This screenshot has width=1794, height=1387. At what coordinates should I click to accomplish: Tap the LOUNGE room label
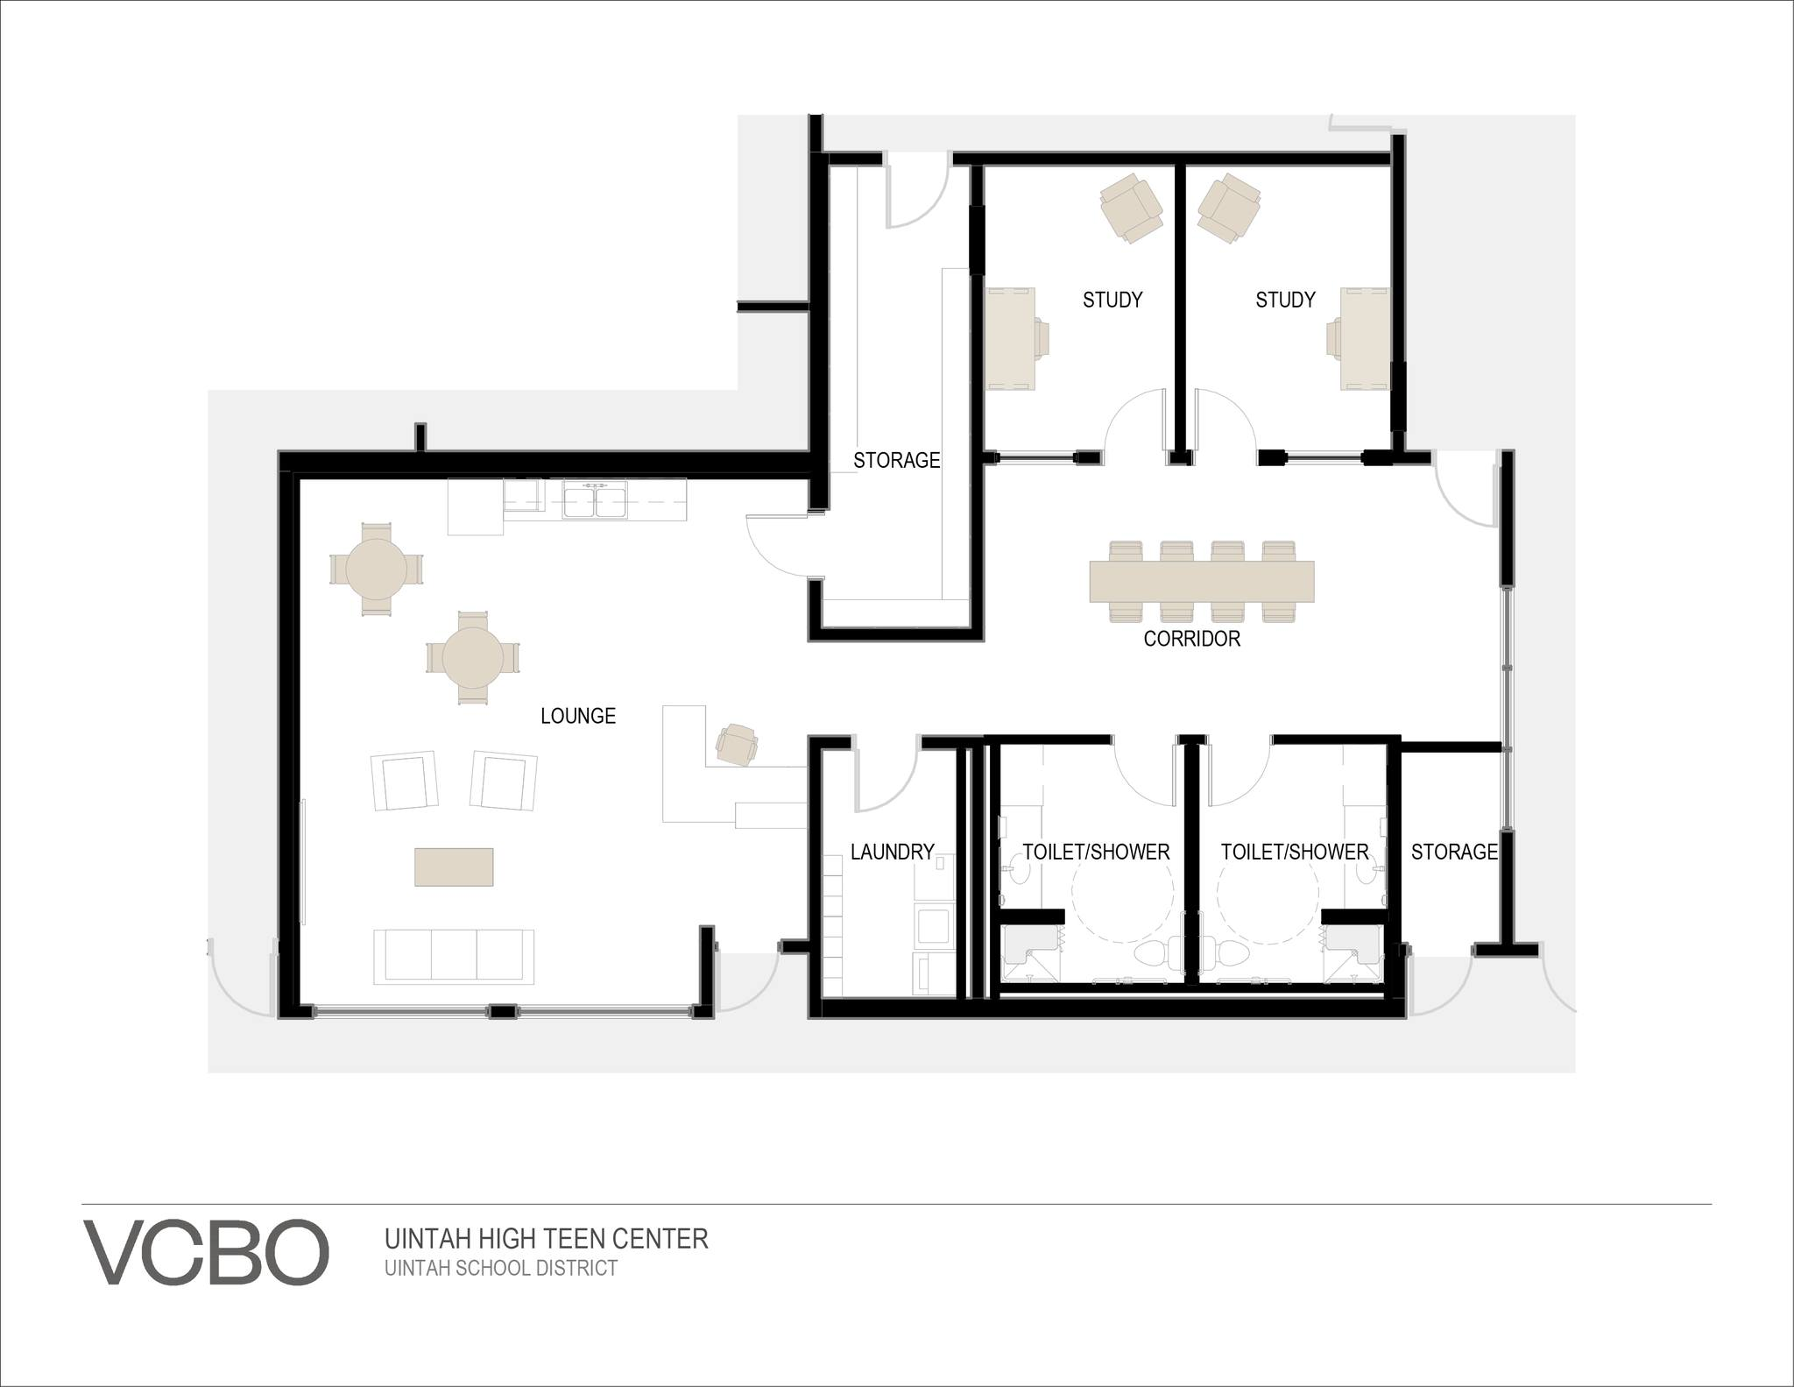pyautogui.click(x=578, y=716)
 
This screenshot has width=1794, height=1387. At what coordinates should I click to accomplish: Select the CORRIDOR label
pyautogui.click(x=1192, y=639)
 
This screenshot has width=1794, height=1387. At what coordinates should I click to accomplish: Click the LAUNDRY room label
pyautogui.click(x=893, y=852)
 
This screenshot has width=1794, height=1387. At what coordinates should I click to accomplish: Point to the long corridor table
pyautogui.click(x=1202, y=582)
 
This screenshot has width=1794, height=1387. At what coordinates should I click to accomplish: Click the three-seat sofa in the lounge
pyautogui.click(x=454, y=956)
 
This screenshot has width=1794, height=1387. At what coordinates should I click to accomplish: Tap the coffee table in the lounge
pyautogui.click(x=454, y=867)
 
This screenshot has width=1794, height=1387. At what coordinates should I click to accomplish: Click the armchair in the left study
pyautogui.click(x=1131, y=208)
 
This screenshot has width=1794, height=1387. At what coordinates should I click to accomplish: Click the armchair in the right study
pyautogui.click(x=1230, y=208)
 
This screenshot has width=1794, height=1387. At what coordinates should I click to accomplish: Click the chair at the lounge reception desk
pyautogui.click(x=738, y=745)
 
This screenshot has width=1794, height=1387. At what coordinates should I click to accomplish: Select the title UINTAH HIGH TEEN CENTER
pyautogui.click(x=547, y=1239)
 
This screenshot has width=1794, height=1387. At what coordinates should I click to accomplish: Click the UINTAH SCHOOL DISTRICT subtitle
pyautogui.click(x=501, y=1268)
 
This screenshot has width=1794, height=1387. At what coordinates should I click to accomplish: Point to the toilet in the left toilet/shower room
pyautogui.click(x=1154, y=955)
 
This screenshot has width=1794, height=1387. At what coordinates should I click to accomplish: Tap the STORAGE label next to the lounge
pyautogui.click(x=897, y=460)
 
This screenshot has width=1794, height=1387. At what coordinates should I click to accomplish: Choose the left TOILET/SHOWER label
pyautogui.click(x=1096, y=852)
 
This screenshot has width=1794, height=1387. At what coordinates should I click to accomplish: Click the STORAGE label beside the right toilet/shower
pyautogui.click(x=1454, y=852)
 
